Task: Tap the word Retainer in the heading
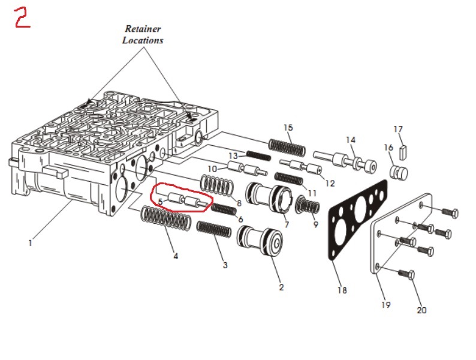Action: click(x=143, y=29)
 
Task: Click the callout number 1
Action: click(x=30, y=243)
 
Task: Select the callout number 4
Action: click(x=176, y=256)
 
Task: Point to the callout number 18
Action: click(x=342, y=290)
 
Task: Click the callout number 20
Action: click(x=421, y=310)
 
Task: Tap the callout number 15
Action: click(x=288, y=128)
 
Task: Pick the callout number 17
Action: click(x=399, y=129)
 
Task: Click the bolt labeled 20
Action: click(x=406, y=274)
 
